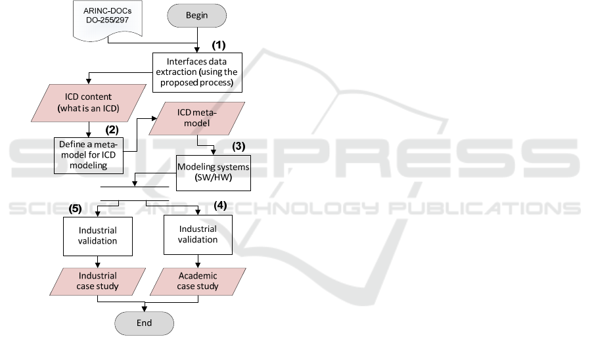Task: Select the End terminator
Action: [144, 323]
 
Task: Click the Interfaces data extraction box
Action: [198, 72]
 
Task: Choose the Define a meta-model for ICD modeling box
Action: [89, 154]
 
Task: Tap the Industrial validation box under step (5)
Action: [97, 236]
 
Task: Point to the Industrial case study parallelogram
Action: [97, 281]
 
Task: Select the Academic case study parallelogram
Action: [198, 281]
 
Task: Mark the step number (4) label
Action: [221, 205]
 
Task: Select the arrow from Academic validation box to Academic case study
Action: [198, 261]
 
